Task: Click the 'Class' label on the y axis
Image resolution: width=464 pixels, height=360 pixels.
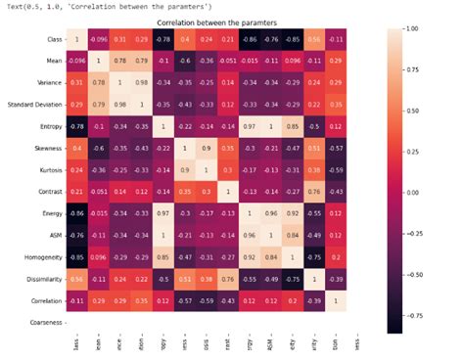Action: (55, 40)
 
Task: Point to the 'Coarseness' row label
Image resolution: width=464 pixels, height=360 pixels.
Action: (47, 321)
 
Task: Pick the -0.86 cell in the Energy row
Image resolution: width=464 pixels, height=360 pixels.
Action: (77, 212)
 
